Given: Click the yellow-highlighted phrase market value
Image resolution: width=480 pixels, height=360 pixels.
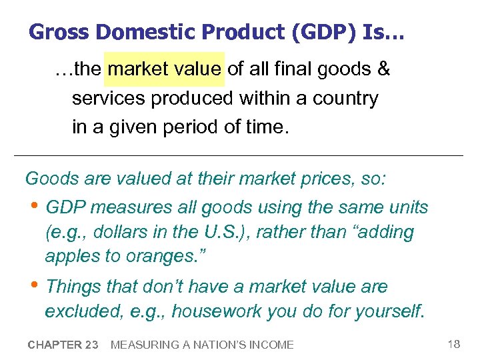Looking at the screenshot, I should tap(165, 69).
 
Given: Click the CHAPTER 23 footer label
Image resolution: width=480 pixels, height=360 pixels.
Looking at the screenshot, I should tap(63, 345).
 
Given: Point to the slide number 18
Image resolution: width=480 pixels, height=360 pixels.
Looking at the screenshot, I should tap(453, 344).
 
